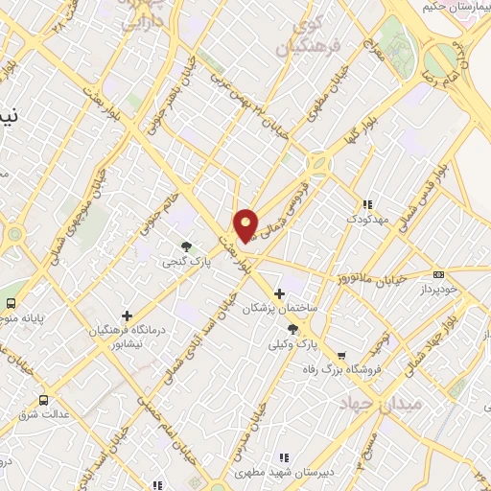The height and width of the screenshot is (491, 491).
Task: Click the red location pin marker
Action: [245, 225]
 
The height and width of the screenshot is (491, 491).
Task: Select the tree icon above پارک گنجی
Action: [186, 245]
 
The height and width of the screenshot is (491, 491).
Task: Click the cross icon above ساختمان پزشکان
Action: [279, 293]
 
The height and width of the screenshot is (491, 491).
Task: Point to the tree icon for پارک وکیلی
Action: [292, 329]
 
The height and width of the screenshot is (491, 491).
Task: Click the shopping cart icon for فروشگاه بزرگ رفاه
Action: [341, 355]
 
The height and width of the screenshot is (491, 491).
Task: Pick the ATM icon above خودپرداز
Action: [439, 274]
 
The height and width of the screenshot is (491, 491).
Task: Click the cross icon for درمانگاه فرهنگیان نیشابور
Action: [128, 315]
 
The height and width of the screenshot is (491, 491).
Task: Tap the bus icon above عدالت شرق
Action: [43, 400]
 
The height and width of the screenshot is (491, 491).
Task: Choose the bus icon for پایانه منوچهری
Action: [12, 305]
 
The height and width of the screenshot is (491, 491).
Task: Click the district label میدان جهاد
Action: [381, 404]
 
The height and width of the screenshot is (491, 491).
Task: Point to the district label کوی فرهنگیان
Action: [308, 35]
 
